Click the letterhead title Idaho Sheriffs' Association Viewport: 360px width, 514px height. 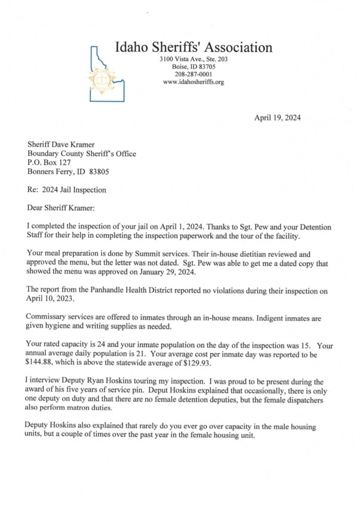coord(194,48)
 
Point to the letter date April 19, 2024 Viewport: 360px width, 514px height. coord(278,118)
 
